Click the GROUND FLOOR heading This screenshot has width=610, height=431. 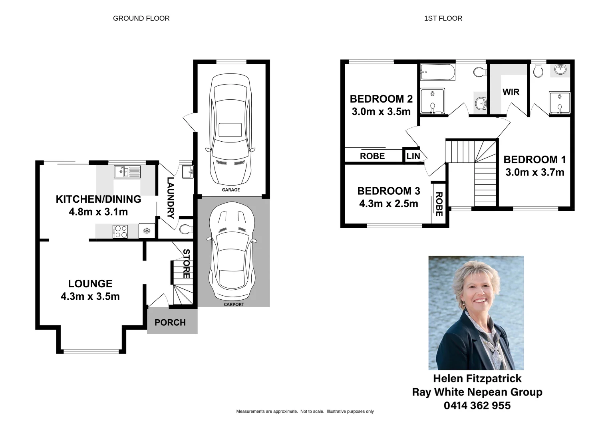coord(141,18)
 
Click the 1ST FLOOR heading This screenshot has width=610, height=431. coord(443,18)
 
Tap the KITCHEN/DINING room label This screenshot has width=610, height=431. coord(98,199)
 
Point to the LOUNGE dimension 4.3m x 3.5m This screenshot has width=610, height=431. coord(90,296)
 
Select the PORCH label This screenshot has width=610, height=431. coord(170,322)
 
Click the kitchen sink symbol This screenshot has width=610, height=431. coord(127,172)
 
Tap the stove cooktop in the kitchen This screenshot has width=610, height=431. coord(121,231)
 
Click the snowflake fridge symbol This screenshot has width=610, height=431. coord(146,231)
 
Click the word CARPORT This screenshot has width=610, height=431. coord(234,304)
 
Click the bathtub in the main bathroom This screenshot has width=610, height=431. coord(437,72)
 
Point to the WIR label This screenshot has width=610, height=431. coord(511,92)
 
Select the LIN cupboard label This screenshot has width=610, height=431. coord(413,156)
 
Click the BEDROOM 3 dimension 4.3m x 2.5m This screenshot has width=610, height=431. coord(388,204)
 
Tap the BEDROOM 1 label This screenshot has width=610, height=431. coord(534,160)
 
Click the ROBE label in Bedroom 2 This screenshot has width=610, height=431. coord(372,156)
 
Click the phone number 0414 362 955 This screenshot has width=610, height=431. coord(477,405)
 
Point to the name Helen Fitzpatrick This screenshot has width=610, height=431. coord(477,378)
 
